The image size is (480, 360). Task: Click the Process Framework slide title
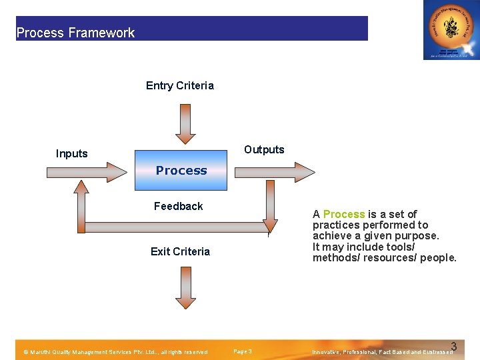[x=75, y=33]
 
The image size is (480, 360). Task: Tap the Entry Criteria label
[x=180, y=85]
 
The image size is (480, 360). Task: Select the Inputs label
[x=72, y=153]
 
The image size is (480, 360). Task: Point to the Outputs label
[x=264, y=149]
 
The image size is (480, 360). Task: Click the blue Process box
[x=181, y=170]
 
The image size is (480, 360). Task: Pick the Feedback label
[x=178, y=206]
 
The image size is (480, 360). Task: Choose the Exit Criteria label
[x=180, y=251]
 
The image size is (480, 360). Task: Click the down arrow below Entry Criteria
[x=186, y=124]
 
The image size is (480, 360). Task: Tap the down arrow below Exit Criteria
[x=186, y=287]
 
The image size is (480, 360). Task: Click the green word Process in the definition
[x=344, y=214]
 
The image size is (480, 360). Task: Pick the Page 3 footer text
[x=243, y=351]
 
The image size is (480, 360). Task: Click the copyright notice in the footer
[x=115, y=352]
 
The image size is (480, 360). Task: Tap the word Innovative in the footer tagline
[x=327, y=352]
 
